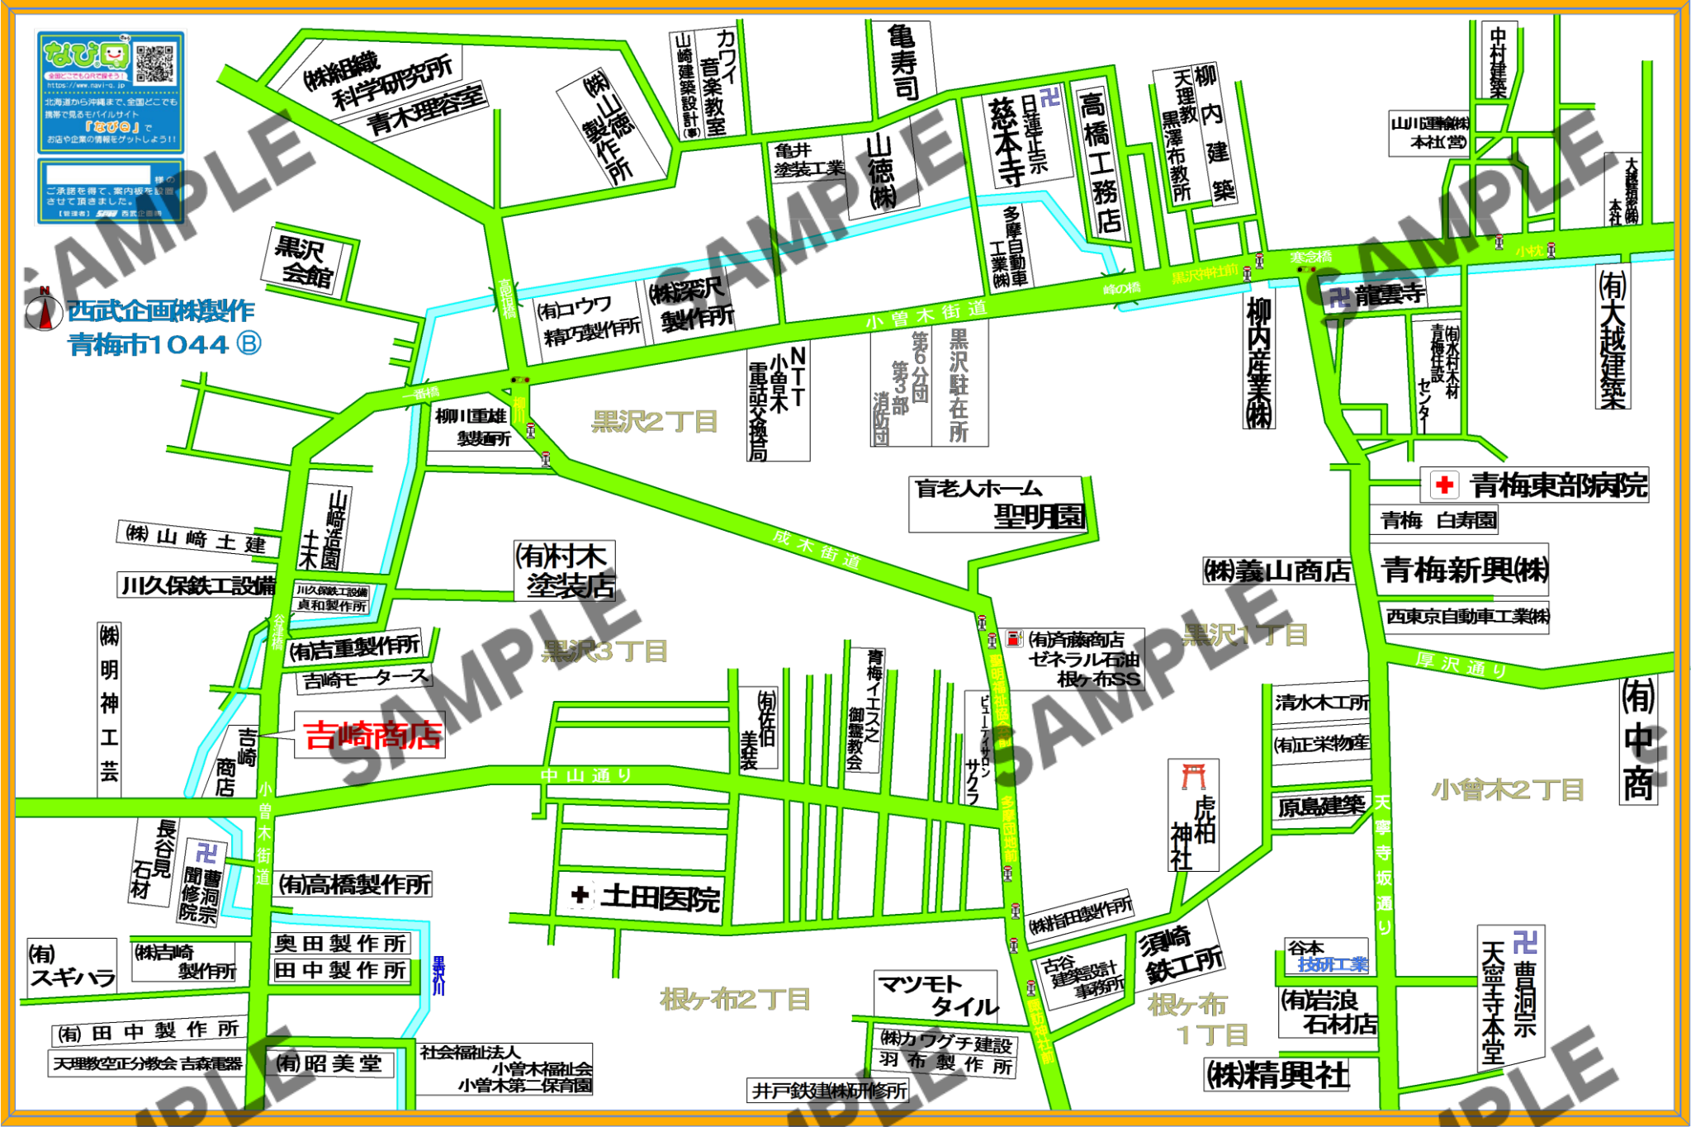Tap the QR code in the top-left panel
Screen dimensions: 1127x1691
[156, 64]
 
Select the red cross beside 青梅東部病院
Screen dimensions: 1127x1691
[1444, 485]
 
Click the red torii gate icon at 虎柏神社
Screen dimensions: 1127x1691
[1193, 777]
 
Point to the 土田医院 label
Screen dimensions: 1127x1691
[648, 897]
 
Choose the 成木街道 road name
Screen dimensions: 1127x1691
[817, 549]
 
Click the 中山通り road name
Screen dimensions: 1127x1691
[586, 775]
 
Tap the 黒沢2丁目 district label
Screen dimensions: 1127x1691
[655, 422]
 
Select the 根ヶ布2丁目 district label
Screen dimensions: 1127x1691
[735, 1000]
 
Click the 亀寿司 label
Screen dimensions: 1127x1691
[902, 63]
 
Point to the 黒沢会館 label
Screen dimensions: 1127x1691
[306, 261]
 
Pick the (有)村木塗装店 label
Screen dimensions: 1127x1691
[566, 571]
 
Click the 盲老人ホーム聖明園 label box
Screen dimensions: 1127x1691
[997, 504]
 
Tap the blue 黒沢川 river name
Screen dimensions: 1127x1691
[438, 975]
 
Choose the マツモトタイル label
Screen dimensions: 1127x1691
[937, 995]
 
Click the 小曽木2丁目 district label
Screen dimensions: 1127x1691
[1508, 790]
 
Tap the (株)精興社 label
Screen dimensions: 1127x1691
[1277, 1075]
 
